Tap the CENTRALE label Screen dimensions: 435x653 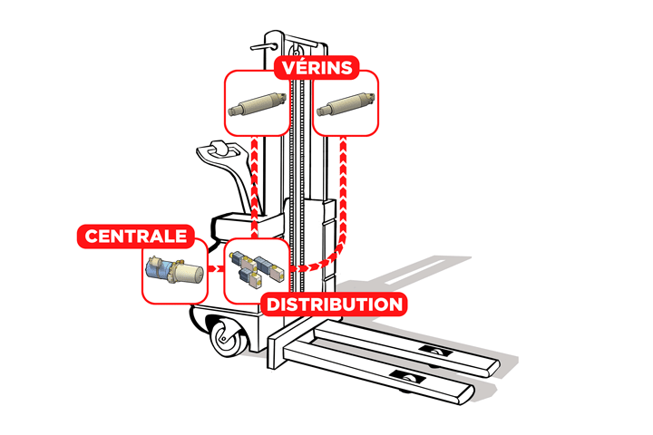click(136, 237)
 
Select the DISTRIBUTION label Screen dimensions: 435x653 click(333, 304)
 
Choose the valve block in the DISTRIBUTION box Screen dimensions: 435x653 click(257, 270)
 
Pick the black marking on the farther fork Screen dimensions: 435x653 click(436, 349)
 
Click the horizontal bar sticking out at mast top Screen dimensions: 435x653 click(268, 40)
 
